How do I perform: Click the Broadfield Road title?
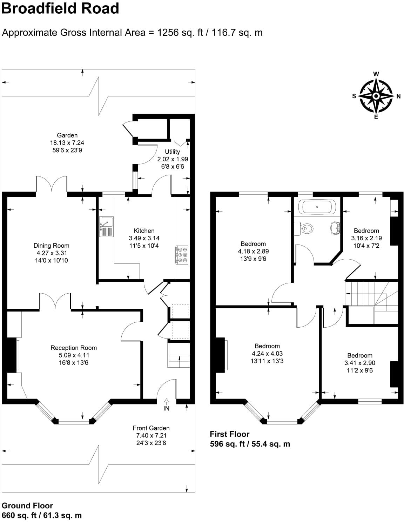[60, 8]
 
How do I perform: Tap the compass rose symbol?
[376, 96]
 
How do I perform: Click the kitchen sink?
[106, 226]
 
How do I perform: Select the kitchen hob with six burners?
[182, 255]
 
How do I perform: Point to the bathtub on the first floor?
[317, 207]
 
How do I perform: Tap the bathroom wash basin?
[335, 228]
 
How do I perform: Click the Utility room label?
[172, 152]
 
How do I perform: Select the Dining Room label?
[51, 246]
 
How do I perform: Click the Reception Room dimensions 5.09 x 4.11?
[73, 355]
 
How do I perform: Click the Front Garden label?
[151, 428]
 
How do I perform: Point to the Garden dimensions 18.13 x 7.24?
[67, 143]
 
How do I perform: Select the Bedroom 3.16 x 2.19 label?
[366, 230]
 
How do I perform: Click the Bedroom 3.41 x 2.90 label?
[359, 355]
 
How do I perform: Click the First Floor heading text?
[230, 434]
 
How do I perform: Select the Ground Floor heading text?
[27, 506]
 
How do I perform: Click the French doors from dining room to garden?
[51, 184]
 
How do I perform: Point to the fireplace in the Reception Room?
[12, 354]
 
